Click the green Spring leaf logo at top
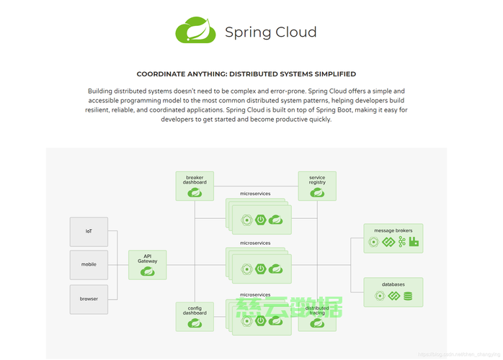click(x=196, y=31)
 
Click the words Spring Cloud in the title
click(x=270, y=32)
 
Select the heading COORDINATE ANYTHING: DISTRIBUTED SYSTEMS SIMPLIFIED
click(x=246, y=74)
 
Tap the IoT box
click(x=89, y=232)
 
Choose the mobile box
click(x=89, y=264)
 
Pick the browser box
click(x=89, y=299)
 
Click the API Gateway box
click(x=148, y=265)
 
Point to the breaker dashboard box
click(x=195, y=186)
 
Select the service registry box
click(x=317, y=186)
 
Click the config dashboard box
click(x=195, y=317)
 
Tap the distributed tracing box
click(x=317, y=317)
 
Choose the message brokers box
click(x=393, y=238)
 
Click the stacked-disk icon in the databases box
click(x=408, y=296)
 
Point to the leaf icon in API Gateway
click(x=148, y=271)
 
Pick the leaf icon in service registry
click(x=317, y=192)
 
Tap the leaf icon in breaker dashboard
click(x=195, y=192)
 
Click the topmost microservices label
click(x=255, y=194)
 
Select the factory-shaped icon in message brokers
click(x=414, y=242)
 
